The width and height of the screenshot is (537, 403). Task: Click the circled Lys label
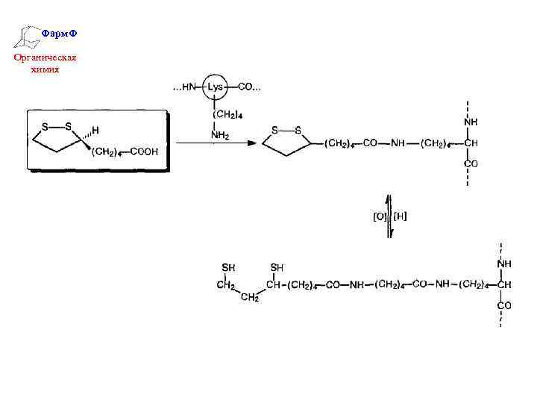tap(215, 87)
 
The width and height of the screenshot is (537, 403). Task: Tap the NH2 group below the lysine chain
tap(220, 135)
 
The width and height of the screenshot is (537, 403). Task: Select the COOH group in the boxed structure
tap(145, 151)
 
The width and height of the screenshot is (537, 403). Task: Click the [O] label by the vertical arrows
tap(380, 216)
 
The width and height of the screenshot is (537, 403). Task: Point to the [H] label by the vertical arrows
tap(400, 216)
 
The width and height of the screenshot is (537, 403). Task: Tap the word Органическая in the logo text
tap(45, 57)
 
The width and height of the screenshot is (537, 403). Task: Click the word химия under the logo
tap(45, 69)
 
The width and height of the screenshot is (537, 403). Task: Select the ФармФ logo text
tap(58, 34)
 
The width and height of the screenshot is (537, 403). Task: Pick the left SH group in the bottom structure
tap(229, 267)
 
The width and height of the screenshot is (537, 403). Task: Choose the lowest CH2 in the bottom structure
tap(250, 299)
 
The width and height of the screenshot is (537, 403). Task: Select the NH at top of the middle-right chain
tap(471, 121)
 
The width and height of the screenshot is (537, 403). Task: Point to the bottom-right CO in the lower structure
tap(504, 305)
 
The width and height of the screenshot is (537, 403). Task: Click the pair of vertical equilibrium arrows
tap(388, 216)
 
